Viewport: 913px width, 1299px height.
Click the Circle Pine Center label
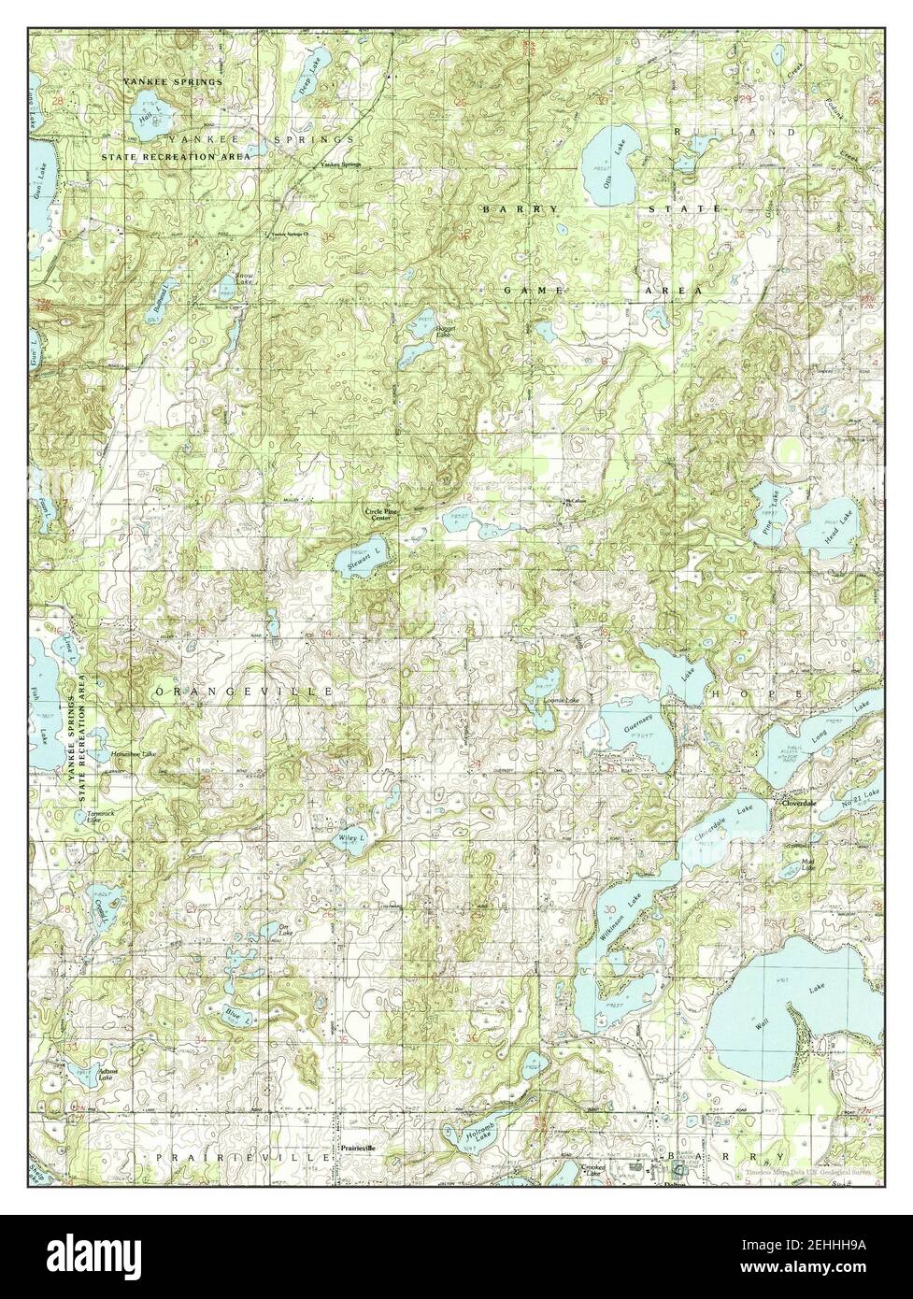coord(378,514)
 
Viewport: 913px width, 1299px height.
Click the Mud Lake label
coord(809,864)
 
